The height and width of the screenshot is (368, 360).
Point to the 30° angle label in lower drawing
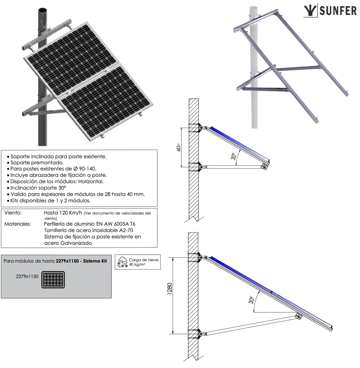click(x=251, y=299)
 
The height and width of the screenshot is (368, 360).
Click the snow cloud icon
click(x=123, y=262)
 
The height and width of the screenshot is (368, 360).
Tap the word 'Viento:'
click(x=13, y=213)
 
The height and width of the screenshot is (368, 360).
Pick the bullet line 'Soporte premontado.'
click(x=38, y=162)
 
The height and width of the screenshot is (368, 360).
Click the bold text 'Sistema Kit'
click(x=94, y=261)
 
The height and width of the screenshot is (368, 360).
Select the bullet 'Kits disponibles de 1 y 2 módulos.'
click(x=50, y=200)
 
